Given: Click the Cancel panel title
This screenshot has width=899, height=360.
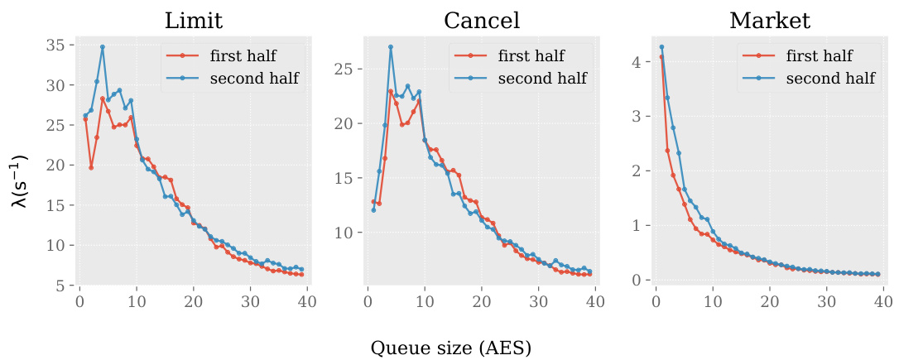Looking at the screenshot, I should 482,21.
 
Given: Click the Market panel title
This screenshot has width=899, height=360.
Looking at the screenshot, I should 770,21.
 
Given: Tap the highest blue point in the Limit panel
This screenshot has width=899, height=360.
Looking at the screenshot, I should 103,47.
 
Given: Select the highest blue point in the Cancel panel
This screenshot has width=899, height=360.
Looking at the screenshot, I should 390,46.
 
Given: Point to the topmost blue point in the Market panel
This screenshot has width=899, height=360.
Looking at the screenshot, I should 661,46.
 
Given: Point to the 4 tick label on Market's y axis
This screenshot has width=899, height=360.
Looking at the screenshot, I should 637,62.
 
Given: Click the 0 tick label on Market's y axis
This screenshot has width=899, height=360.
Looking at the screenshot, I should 637,281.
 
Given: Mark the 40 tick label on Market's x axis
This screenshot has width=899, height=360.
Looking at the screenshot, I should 883,302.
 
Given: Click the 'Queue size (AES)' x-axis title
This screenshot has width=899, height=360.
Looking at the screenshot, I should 449,348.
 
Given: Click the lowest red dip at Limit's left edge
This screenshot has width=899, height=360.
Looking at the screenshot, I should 91,168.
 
